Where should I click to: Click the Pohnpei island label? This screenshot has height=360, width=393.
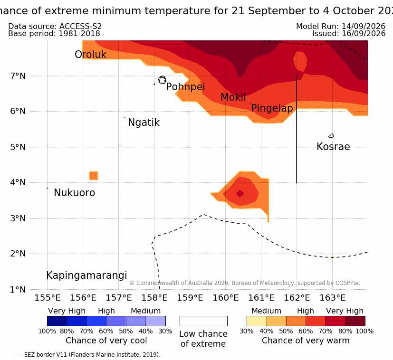(x=185, y=87)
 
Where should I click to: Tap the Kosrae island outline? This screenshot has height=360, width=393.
(x=331, y=136)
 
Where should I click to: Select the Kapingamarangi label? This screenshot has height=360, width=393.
(x=86, y=275)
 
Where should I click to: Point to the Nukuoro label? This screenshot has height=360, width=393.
(x=75, y=193)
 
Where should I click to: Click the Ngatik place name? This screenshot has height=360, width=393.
(x=144, y=123)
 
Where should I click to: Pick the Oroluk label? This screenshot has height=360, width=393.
(x=90, y=54)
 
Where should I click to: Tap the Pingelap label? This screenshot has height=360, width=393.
(x=272, y=108)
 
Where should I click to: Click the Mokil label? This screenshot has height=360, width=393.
(x=233, y=97)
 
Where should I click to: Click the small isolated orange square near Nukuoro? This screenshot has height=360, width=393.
(x=94, y=176)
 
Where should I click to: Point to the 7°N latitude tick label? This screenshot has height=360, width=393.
(x=18, y=76)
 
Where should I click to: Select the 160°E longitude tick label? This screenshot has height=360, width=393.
(x=226, y=298)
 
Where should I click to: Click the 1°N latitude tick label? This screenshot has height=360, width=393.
(x=18, y=290)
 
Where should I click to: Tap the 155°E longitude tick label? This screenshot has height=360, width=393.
(x=48, y=298)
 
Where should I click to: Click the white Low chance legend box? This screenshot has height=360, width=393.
(x=203, y=321)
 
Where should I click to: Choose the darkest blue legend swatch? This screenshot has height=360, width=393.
(x=57, y=321)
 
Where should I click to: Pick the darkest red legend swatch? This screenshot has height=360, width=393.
(x=355, y=321)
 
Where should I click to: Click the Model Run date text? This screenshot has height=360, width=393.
(x=341, y=26)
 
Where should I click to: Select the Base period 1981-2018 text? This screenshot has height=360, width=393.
(x=54, y=34)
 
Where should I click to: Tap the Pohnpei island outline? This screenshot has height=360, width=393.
(x=162, y=80)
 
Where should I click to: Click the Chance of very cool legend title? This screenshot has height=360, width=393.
(x=106, y=341)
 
